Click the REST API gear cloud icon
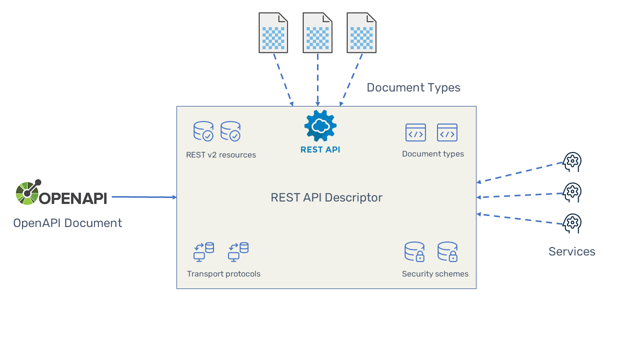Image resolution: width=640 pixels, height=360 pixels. point(320,125)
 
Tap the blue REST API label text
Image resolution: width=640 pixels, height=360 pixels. point(320,149)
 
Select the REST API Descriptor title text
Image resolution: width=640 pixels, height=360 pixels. point(326,197)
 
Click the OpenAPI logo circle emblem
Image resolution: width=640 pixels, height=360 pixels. point(27,192)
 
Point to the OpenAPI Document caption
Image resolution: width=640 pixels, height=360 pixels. point(67,223)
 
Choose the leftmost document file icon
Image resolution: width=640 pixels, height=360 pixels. point(273,33)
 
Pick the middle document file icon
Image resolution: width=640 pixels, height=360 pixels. point(317,33)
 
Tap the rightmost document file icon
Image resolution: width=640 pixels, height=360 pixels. point(361,33)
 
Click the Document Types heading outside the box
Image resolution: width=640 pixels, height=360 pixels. point(413,87)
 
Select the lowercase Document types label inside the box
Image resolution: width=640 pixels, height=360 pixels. point(432,154)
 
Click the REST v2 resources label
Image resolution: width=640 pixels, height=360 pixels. point(220,155)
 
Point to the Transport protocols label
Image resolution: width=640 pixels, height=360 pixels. point(223,274)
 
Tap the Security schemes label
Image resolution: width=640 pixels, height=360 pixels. point(435,274)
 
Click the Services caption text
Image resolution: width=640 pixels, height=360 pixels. point(571,251)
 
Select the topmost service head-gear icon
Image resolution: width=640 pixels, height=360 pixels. point(572,162)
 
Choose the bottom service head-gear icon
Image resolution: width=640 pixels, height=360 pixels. point(572,223)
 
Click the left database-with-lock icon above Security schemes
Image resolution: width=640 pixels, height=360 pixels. point(414,252)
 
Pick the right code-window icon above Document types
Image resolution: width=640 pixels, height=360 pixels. point(447,133)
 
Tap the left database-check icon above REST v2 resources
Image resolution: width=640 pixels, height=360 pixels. point(203,131)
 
